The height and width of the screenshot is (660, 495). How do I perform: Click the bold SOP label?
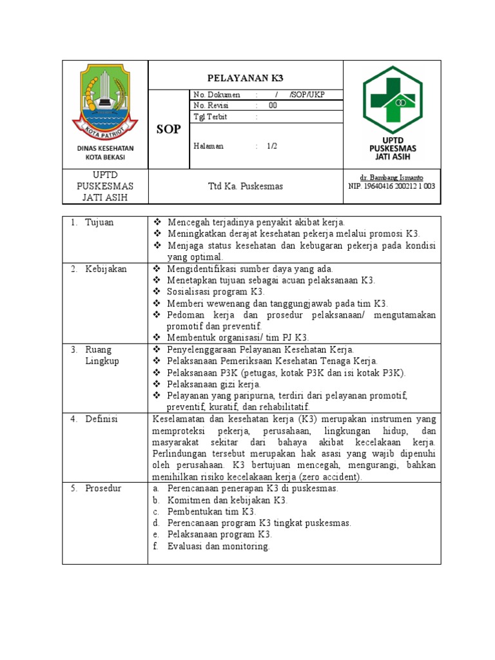[168, 130]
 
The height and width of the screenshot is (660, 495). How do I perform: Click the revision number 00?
[273, 106]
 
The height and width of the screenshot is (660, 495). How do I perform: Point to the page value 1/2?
[272, 146]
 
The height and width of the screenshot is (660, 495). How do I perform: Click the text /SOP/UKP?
[307, 95]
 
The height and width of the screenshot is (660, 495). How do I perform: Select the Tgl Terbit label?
[210, 117]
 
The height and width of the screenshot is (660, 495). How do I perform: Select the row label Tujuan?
[99, 222]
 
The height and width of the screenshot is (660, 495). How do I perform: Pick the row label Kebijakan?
[106, 269]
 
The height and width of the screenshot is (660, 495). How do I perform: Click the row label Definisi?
[101, 420]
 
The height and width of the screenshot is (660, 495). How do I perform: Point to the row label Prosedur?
[103, 489]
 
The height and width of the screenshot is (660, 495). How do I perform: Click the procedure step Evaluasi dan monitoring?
[218, 547]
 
